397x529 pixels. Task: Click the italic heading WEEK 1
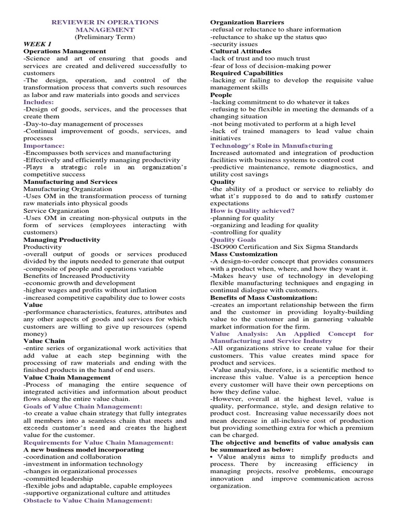(35, 44)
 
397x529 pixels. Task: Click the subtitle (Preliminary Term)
(105, 37)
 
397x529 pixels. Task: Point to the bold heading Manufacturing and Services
(70, 182)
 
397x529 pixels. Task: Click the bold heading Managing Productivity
(62, 240)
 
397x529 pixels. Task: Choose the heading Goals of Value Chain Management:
(83, 406)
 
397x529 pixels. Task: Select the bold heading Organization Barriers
(247, 23)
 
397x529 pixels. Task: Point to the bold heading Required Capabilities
(247, 73)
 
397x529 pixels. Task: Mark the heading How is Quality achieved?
(253, 211)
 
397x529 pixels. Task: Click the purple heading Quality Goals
(234, 240)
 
